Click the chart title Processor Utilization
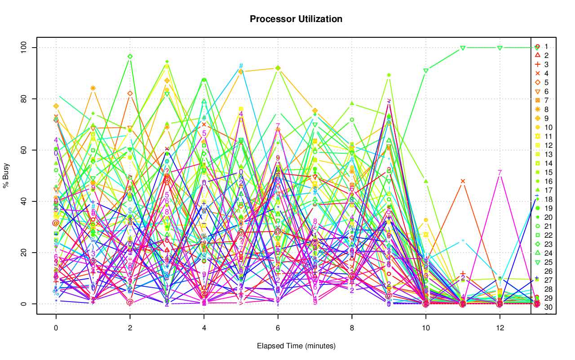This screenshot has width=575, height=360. pyautogui.click(x=296, y=19)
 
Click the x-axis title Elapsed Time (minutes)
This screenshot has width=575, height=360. pyautogui.click(x=296, y=346)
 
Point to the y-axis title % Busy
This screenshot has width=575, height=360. pyautogui.click(x=6, y=176)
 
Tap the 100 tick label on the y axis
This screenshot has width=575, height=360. pyautogui.click(x=26, y=48)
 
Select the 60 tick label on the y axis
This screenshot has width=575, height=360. pyautogui.click(x=26, y=150)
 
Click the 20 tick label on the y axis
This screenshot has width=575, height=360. pyautogui.click(x=26, y=253)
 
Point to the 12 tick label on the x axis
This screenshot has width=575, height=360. pyautogui.click(x=500, y=328)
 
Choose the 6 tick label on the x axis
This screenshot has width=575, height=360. pyautogui.click(x=278, y=328)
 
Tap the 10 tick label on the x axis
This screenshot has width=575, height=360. pyautogui.click(x=425, y=328)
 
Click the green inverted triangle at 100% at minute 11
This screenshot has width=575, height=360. pyautogui.click(x=463, y=48)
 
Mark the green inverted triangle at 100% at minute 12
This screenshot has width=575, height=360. pyautogui.click(x=500, y=48)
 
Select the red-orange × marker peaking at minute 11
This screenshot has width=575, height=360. pyautogui.click(x=463, y=181)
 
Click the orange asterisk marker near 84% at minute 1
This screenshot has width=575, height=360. pyautogui.click(x=93, y=88)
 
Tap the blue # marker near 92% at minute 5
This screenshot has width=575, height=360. pyautogui.click(x=241, y=66)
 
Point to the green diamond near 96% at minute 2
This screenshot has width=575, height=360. pyautogui.click(x=130, y=57)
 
